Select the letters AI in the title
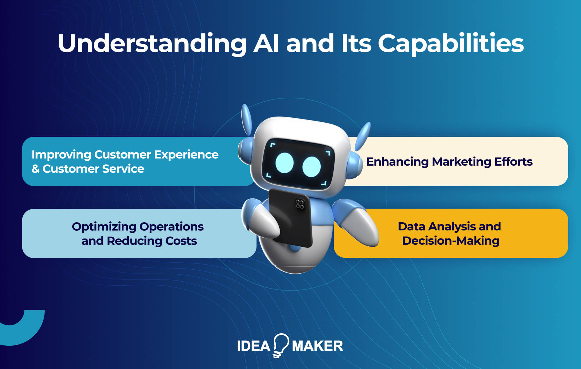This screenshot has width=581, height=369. tap(266, 44)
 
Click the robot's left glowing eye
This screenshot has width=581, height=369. tap(284, 163)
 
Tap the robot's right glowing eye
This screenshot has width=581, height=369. tap(311, 167)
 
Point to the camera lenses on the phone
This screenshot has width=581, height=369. tap(300, 204)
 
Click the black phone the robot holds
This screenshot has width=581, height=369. tap(290, 221)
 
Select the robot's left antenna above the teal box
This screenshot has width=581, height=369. tap(246, 119)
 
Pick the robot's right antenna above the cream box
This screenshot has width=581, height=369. tap(363, 136)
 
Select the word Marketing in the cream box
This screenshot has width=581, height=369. tap(461, 162)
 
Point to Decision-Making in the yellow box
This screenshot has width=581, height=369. tap(451, 241)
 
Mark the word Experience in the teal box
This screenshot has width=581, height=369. tap(186, 155)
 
